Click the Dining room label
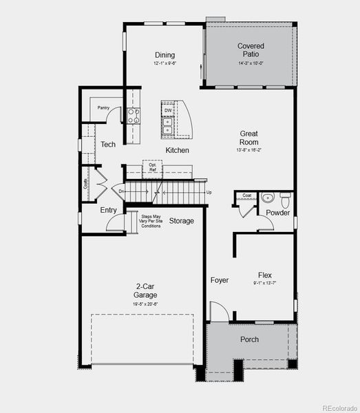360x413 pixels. [x=165, y=55]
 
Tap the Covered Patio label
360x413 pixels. [x=251, y=50]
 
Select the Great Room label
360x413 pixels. [x=248, y=138]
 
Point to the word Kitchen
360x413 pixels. [x=177, y=150]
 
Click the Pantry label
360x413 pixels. [x=103, y=107]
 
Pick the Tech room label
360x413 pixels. [x=108, y=145]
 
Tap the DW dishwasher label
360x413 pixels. [x=168, y=110]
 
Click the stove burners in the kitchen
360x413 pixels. [x=134, y=116]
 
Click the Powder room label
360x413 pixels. [x=278, y=213]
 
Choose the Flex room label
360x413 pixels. [x=265, y=274]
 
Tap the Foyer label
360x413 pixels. [x=220, y=280]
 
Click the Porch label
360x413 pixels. [x=249, y=340]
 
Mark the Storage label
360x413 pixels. [x=182, y=221]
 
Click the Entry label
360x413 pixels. [x=108, y=211]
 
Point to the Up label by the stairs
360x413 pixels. [x=209, y=192]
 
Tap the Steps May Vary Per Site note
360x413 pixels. [x=151, y=221]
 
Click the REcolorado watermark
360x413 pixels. [x=339, y=407]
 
